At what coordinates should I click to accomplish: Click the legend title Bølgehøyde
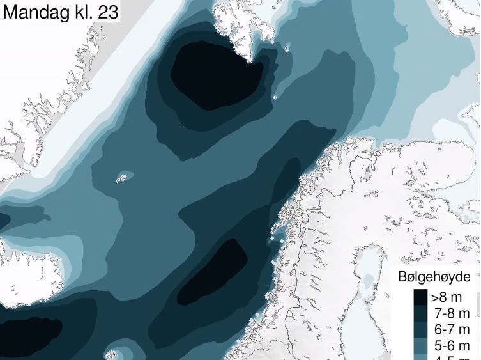pyautogui.click(x=434, y=277)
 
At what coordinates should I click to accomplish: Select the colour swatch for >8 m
pyautogui.click(x=420, y=297)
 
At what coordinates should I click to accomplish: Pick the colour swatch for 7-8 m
pyautogui.click(x=420, y=313)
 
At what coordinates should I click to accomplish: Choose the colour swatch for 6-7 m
pyautogui.click(x=420, y=330)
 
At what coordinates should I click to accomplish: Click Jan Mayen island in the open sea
pyautogui.click(x=121, y=178)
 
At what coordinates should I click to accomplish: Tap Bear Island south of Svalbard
pyautogui.click(x=275, y=97)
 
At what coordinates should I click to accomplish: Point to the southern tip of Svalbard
pyautogui.click(x=261, y=61)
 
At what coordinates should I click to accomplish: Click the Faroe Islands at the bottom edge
pyautogui.click(x=114, y=354)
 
